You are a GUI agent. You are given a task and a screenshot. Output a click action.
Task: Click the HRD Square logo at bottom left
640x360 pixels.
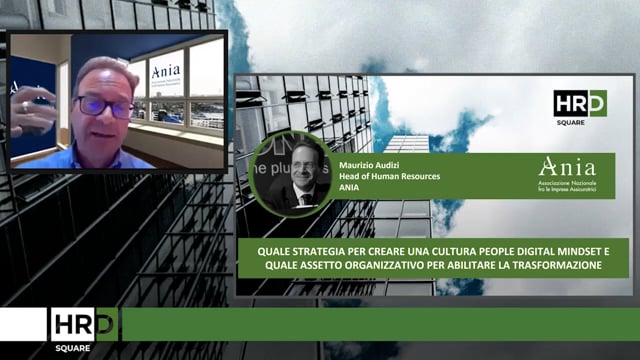point(84,328)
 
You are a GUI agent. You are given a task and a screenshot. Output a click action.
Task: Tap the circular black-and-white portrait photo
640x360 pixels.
point(293,172)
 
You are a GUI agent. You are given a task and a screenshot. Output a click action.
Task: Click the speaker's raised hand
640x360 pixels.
point(30,110)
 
